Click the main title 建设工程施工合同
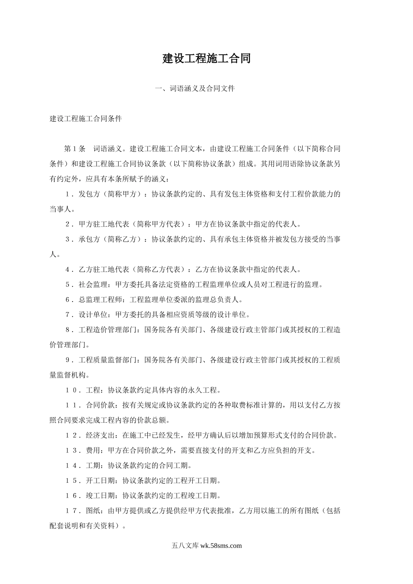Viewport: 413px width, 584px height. pos(206,59)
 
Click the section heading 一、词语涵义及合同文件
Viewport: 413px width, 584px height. pos(195,89)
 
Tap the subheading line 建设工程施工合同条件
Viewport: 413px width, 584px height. pos(86,119)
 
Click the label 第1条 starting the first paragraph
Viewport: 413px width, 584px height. pos(75,149)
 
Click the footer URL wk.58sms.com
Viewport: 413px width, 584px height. pos(221,546)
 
